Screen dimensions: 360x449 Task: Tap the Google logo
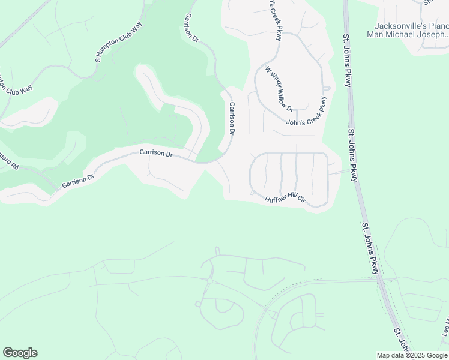[20, 353]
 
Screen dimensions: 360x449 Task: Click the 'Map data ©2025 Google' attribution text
[412, 355]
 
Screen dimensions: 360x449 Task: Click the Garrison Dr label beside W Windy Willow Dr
[231, 118]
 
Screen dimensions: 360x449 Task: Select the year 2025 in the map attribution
[415, 355]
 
